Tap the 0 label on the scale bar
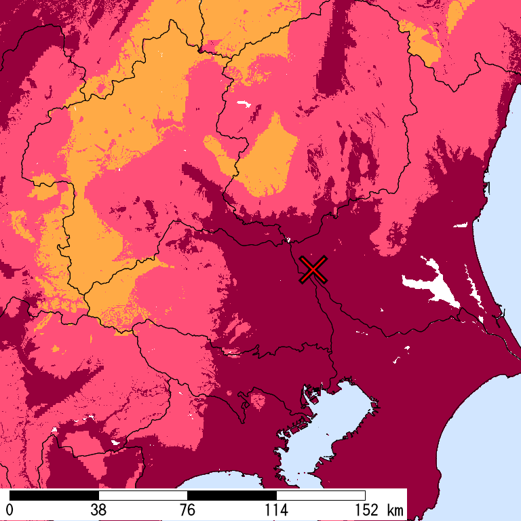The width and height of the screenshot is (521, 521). pyautogui.click(x=10, y=510)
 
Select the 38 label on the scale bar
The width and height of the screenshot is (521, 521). pyautogui.click(x=98, y=510)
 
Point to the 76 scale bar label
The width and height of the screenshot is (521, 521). pyautogui.click(x=187, y=510)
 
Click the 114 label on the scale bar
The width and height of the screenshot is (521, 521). pyautogui.click(x=276, y=510)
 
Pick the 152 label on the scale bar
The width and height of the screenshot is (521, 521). pyautogui.click(x=365, y=510)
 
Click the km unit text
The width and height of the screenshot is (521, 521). pyautogui.click(x=394, y=510)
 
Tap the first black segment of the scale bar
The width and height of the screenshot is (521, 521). pyautogui.click(x=54, y=495)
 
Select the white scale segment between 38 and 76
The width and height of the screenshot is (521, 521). pyautogui.click(x=143, y=495)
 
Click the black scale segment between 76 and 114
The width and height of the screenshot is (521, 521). pyautogui.click(x=232, y=495)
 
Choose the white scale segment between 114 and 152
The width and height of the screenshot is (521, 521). pyautogui.click(x=321, y=495)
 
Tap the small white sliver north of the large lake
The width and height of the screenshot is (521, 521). pyautogui.click(x=460, y=225)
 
